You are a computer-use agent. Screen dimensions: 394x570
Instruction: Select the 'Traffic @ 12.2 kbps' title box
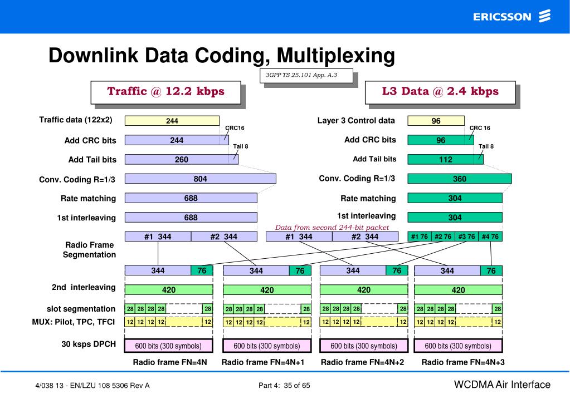pos(165,92)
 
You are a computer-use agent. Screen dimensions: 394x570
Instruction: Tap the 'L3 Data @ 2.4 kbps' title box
pos(440,92)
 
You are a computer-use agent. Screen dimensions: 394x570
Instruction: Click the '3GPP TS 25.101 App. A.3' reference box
pos(306,75)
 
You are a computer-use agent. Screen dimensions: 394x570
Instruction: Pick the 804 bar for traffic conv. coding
pos(200,179)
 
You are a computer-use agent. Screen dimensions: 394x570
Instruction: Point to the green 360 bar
pos(459,179)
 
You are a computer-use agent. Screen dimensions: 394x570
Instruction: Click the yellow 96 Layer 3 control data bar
pos(436,121)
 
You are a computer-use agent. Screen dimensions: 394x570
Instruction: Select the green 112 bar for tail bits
pos(445,159)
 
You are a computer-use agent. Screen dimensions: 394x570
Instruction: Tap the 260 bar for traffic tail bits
pos(181,159)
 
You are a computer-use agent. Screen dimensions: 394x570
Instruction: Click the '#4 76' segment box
pos(490,237)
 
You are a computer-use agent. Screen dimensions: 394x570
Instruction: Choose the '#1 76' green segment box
pos(419,237)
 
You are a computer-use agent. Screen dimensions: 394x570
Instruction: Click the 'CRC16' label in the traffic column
pos(235,128)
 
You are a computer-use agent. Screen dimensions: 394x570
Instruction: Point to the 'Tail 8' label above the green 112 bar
pos(486,146)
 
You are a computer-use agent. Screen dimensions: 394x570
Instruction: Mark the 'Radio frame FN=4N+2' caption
pos(362,362)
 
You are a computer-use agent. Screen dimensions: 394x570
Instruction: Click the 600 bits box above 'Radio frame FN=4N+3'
pos(458,346)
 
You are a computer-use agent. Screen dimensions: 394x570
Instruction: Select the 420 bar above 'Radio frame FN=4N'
pos(168,290)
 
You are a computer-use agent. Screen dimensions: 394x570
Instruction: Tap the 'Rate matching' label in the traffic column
pos(88,198)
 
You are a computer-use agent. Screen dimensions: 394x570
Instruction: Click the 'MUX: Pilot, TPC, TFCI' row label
pos(73,321)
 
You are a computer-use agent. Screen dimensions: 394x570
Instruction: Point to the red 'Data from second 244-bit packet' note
pos(332,227)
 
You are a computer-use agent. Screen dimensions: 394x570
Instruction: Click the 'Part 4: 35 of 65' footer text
pos(284,385)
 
